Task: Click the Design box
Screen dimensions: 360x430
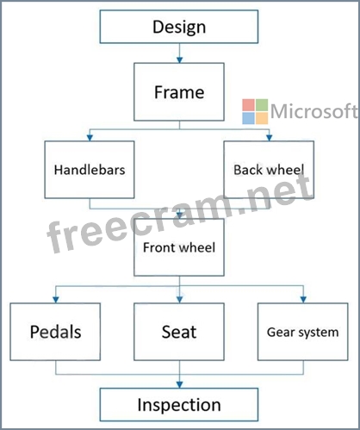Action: pos(179,27)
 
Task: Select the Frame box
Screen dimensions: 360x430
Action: pos(179,92)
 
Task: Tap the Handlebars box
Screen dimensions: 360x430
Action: pos(90,170)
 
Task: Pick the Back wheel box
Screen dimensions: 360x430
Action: pos(269,170)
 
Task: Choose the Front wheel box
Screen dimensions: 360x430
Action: pos(179,247)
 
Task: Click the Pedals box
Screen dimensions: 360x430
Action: pos(55,332)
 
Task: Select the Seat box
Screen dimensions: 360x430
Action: pos(179,332)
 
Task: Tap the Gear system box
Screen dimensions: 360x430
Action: pos(303,332)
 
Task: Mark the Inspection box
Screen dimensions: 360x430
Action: pos(179,405)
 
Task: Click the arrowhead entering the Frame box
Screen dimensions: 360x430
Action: pos(180,59)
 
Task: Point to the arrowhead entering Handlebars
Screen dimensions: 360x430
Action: pos(90,138)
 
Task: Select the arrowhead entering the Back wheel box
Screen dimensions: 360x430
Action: pos(269,138)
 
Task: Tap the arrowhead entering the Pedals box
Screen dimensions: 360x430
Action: pos(56,300)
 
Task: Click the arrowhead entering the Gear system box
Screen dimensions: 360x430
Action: pos(303,300)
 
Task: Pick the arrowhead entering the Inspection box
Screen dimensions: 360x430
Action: pos(180,385)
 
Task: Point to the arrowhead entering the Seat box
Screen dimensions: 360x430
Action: pos(180,300)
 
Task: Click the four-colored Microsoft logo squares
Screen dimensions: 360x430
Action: pos(255,111)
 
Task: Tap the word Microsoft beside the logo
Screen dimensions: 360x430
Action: pos(314,111)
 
